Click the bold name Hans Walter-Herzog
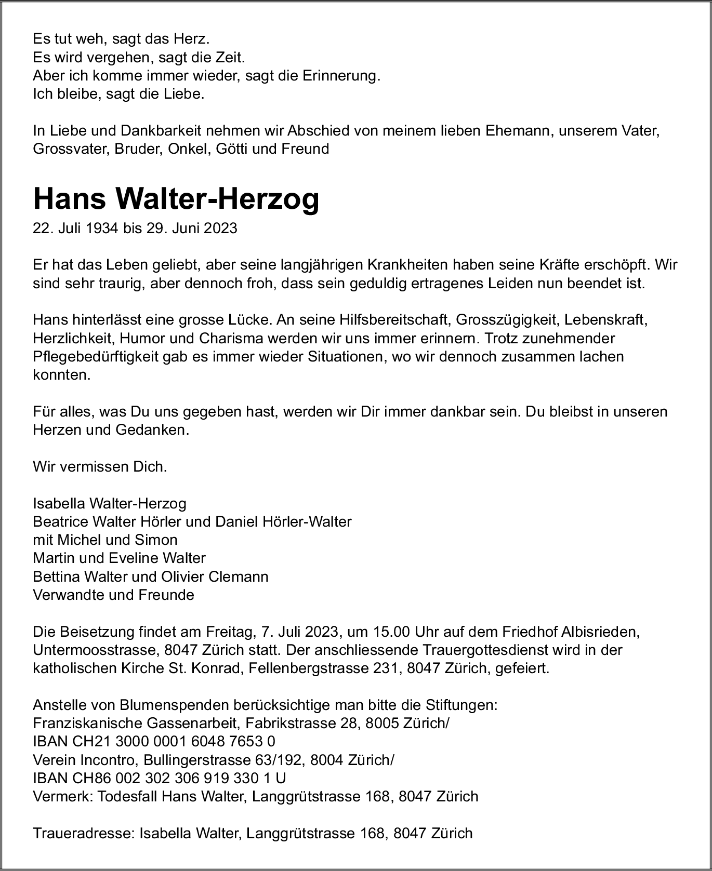pos(176,199)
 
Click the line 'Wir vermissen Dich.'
pos(100,466)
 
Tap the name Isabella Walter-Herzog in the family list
pos(109,503)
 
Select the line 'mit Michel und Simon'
pos(105,540)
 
